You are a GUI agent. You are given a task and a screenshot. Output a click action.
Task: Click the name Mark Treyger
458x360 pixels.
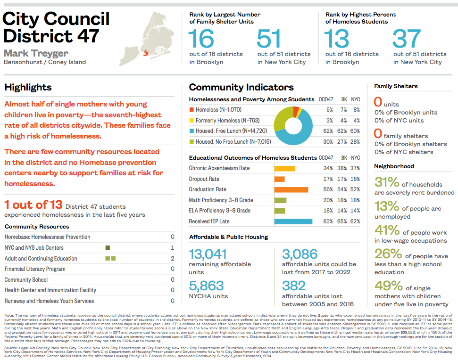tap(36, 53)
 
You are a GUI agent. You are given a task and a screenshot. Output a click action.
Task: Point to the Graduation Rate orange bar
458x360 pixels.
tap(291, 189)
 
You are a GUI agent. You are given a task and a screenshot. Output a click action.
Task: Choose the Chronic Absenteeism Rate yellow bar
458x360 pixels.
tap(284, 168)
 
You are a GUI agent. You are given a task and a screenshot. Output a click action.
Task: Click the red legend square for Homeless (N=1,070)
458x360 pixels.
tap(191, 110)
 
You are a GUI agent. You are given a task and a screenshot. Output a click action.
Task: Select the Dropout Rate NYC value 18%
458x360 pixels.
tap(355, 179)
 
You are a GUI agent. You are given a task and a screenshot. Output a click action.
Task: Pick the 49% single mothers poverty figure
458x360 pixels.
tap(388, 287)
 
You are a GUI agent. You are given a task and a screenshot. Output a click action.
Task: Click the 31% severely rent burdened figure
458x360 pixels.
tap(386, 183)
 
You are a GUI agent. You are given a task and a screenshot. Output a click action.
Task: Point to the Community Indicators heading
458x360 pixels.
tap(241, 87)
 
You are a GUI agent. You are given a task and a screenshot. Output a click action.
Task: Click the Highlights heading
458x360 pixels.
tap(28, 87)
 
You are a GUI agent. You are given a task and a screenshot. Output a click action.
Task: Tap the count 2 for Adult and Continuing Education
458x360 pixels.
tap(173, 258)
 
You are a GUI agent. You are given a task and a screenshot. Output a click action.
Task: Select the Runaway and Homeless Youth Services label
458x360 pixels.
tap(49, 301)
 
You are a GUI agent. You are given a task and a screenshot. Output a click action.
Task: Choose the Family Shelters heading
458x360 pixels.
tap(396, 86)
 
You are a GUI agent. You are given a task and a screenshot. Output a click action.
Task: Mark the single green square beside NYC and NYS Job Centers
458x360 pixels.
tap(108, 248)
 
